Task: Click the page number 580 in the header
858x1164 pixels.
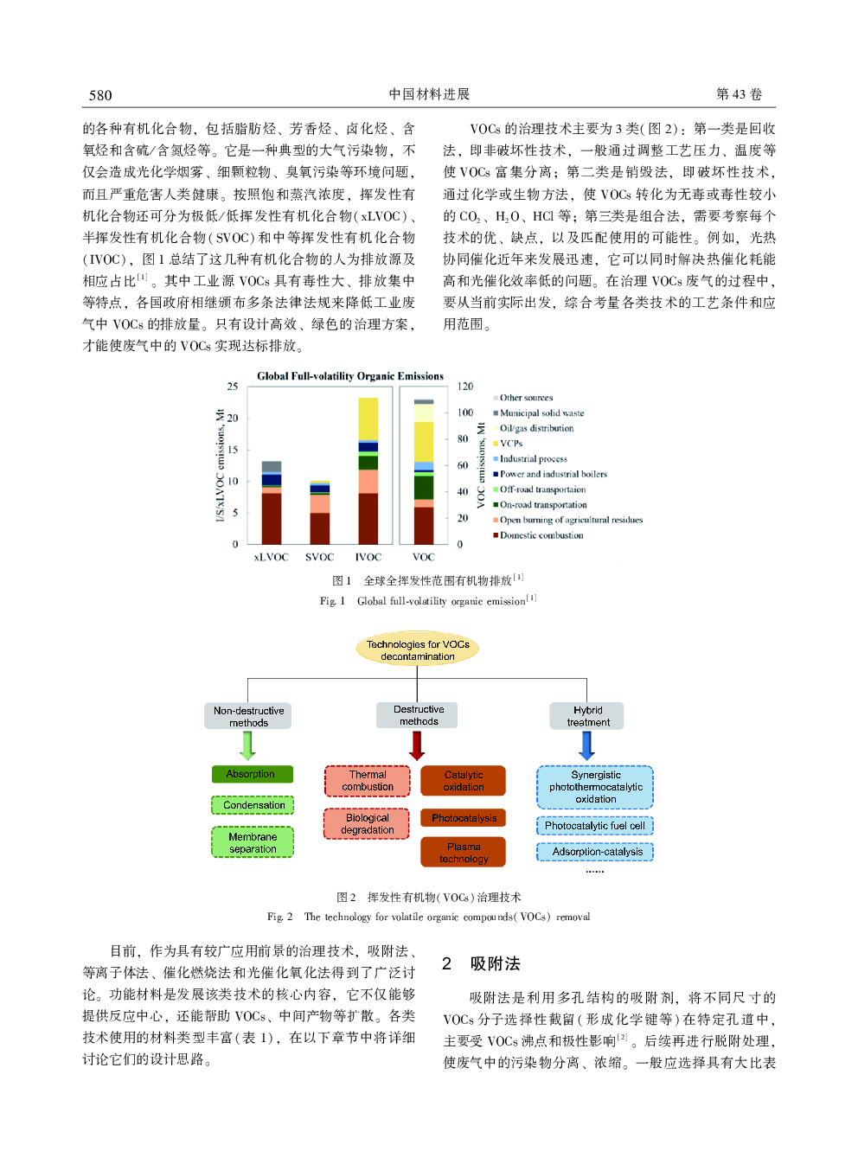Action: [100, 95]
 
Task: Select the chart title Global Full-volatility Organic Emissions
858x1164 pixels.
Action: [350, 376]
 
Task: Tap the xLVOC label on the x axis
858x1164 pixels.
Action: [271, 557]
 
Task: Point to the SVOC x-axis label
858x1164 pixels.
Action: [319, 557]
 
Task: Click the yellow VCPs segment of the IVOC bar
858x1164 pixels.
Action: [368, 419]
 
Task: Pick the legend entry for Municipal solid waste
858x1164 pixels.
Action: [541, 413]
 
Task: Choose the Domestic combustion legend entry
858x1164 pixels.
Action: [541, 535]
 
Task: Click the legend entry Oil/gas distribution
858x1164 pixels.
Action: [536, 428]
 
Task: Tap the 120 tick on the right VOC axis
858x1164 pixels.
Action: [465, 387]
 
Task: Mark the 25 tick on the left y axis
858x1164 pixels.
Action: [233, 387]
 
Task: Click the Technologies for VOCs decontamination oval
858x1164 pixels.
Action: [418, 649]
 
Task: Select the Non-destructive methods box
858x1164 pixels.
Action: [248, 716]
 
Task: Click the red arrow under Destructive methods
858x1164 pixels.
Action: [417, 745]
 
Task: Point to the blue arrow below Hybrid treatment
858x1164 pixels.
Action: [587, 745]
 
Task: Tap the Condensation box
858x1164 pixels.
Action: [253, 805]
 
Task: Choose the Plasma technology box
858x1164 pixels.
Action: [464, 853]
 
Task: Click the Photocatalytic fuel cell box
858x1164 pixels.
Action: [595, 826]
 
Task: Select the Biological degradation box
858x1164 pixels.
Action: [368, 824]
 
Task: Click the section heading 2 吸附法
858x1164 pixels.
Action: [482, 964]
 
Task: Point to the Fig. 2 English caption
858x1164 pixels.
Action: [429, 917]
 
